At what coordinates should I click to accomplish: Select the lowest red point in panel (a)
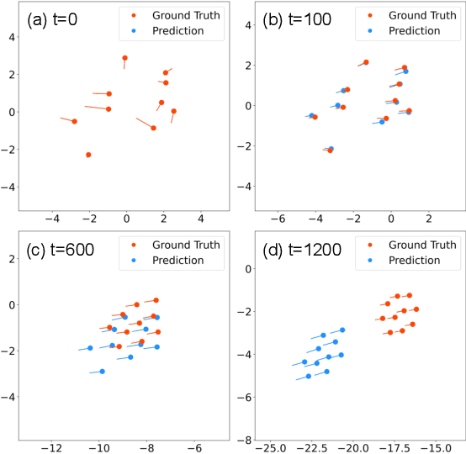[88, 155]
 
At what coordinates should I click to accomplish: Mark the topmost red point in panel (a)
[125, 58]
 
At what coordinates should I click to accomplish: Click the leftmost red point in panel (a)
[74, 121]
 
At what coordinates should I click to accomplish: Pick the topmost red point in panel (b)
[366, 62]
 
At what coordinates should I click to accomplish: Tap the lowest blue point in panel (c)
[103, 371]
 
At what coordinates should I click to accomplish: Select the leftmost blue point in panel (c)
[90, 348]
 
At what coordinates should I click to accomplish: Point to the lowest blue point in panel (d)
[309, 376]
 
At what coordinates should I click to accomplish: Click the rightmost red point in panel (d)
[416, 309]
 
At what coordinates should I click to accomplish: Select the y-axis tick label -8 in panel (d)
[246, 440]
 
